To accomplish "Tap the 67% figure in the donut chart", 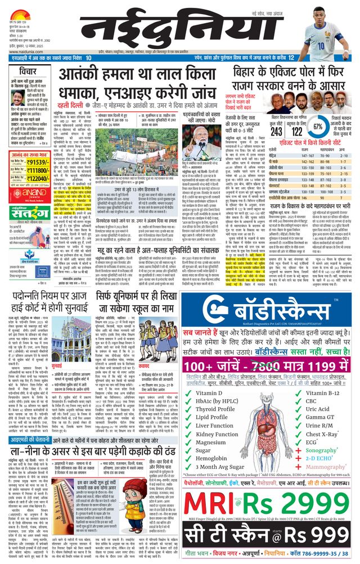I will pos(319,127).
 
